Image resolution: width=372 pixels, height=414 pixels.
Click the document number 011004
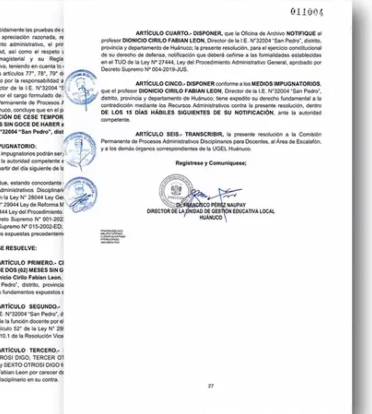point(307,12)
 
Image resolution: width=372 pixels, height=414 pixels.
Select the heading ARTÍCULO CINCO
point(160,84)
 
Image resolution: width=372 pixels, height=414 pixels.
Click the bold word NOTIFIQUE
point(301,33)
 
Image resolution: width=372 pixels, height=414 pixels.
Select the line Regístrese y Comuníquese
point(211,163)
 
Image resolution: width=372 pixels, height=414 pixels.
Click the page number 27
point(211,386)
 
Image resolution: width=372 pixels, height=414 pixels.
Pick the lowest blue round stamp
point(81,194)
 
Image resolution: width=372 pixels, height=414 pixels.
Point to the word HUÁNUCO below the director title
point(211,218)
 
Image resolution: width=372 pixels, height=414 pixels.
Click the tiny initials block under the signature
point(112,237)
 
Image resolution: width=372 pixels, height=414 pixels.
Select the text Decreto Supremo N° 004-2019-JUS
point(144,70)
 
